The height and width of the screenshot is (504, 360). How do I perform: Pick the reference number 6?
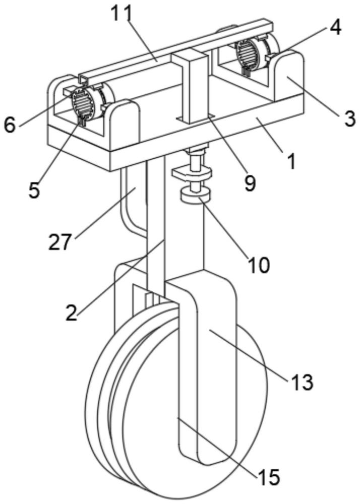click(10, 125)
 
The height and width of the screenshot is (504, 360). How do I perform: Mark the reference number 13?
click(302, 383)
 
